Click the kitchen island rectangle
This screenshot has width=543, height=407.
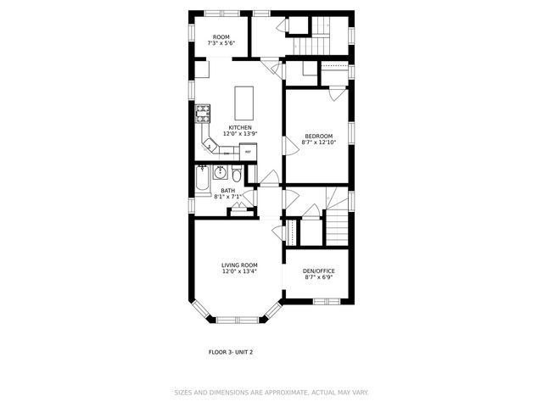244,103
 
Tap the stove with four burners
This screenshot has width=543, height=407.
204,112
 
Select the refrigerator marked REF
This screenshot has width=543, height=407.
248,152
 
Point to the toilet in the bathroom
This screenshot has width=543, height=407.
237,175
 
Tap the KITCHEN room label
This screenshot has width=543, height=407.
239,127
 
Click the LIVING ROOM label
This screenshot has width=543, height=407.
239,265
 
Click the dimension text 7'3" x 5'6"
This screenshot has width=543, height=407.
222,43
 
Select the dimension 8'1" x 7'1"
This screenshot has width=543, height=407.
228,197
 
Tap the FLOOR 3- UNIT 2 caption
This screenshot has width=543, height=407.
231,351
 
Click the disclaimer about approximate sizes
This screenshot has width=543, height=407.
272,393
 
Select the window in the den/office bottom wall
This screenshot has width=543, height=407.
326,301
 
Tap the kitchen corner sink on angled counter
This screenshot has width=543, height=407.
210,147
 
